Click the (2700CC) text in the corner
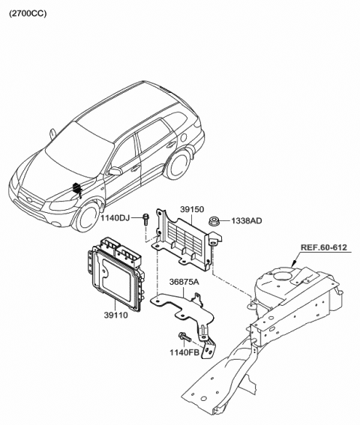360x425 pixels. tap(28, 13)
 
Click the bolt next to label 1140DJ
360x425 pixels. tap(145, 218)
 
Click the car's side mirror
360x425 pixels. tap(115, 172)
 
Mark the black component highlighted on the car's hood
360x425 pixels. tap(77, 189)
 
